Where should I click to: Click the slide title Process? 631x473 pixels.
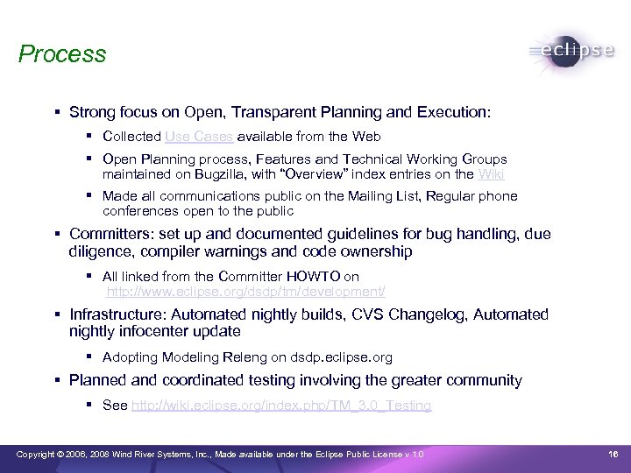[62, 54]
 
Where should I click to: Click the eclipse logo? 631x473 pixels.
[572, 52]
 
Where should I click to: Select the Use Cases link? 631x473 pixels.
[198, 137]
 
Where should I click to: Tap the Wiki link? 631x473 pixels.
[491, 174]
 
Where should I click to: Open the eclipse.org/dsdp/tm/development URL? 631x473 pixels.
[246, 291]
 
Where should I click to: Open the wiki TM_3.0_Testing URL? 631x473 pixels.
[280, 406]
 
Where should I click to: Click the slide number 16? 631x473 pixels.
[613, 454]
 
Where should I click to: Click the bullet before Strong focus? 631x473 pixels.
[56, 113]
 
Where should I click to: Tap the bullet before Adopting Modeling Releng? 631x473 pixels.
[90, 357]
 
